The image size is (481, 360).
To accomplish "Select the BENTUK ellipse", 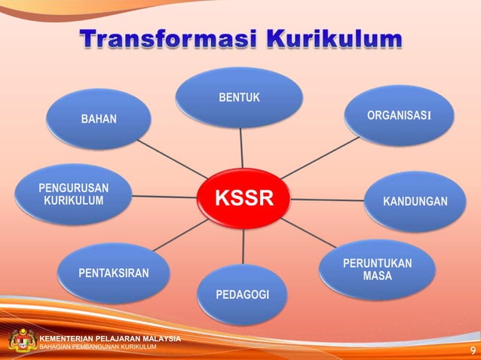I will tap(240, 98).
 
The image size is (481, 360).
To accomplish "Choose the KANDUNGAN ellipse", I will tap(412, 202).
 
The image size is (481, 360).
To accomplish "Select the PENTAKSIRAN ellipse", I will tap(113, 272).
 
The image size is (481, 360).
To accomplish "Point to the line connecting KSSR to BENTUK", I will tap(240, 147).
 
